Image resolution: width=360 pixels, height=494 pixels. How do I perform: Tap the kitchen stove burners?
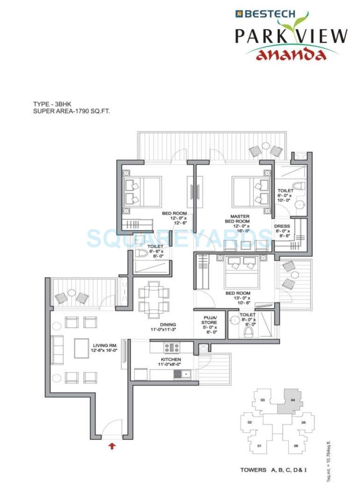pyautogui.click(x=172, y=347)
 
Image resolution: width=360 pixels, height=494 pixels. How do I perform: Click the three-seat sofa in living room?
pyautogui.click(x=57, y=350)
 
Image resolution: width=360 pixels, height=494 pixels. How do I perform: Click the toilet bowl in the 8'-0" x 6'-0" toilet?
pyautogui.click(x=248, y=333)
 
